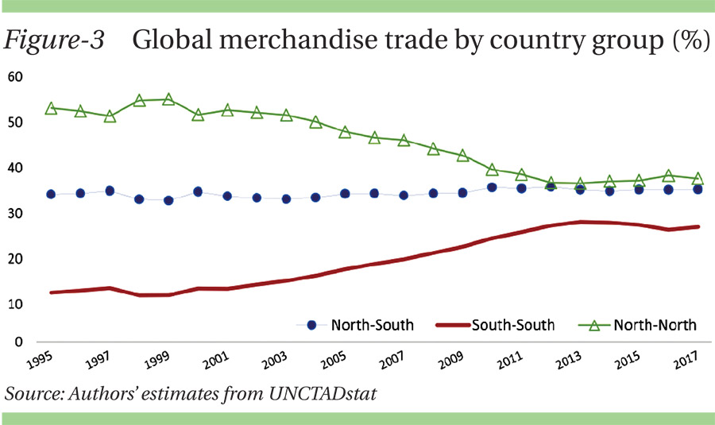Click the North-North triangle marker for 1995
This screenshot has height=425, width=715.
pyautogui.click(x=52, y=108)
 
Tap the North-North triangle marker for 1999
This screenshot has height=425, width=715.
pyautogui.click(x=168, y=99)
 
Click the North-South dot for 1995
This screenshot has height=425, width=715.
pyautogui.click(x=52, y=194)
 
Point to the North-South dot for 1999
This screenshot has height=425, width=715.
pyautogui.click(x=168, y=200)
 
